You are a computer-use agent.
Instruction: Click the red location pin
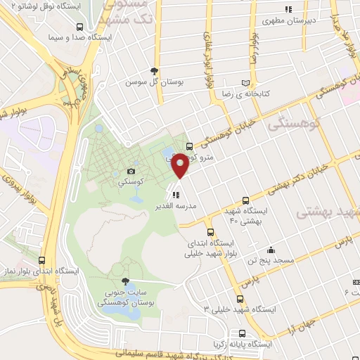[180, 166]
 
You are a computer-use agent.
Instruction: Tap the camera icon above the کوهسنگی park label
[131, 171]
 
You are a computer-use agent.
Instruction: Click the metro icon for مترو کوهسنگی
[188, 146]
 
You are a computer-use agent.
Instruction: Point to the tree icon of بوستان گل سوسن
[155, 71]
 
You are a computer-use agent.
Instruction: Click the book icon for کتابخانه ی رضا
[245, 82]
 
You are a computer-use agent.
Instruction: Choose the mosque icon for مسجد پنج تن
[271, 250]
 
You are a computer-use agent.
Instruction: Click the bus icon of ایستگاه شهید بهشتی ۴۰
[245, 200]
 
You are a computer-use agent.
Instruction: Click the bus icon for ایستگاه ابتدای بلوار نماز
[42, 260]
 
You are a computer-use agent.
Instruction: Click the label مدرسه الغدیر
[179, 207]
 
